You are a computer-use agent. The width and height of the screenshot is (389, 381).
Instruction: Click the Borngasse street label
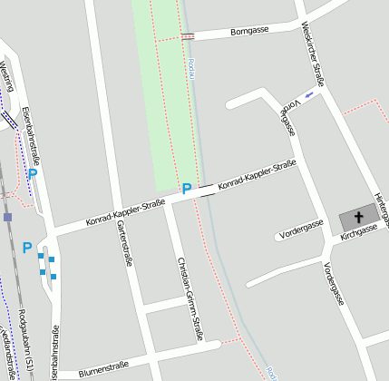pyautogui.click(x=249, y=31)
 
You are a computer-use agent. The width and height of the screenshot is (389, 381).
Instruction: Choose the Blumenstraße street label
pyautogui.click(x=103, y=366)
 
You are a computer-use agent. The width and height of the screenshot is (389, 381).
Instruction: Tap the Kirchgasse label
pyautogui.click(x=358, y=235)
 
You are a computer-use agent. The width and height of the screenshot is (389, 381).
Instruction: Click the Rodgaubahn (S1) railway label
pyautogui.click(x=31, y=341)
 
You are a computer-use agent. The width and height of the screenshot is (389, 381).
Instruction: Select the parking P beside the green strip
pyautogui.click(x=186, y=190)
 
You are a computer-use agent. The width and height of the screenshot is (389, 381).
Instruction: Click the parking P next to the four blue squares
pyautogui.click(x=27, y=248)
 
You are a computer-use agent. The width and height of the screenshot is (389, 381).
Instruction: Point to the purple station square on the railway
pyautogui.click(x=7, y=217)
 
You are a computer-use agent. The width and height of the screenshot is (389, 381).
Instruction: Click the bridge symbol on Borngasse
pyautogui.click(x=188, y=36)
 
